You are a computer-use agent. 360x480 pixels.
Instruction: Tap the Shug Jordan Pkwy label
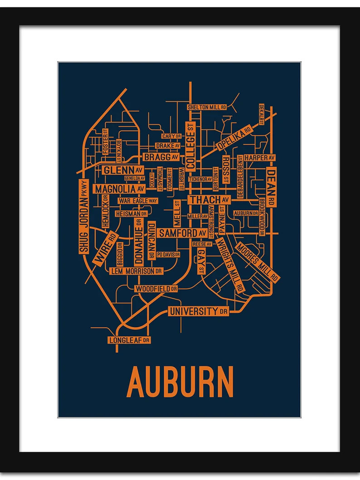click(x=83, y=217)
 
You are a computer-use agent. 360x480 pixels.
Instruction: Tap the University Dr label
click(x=198, y=311)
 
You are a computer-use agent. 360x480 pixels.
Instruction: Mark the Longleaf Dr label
click(x=129, y=339)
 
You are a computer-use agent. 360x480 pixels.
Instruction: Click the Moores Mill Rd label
click(x=258, y=262)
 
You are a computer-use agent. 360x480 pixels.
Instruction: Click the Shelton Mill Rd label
click(x=206, y=107)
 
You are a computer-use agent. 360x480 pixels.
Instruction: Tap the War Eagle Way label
click(x=137, y=200)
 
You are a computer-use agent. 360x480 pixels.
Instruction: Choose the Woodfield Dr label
click(x=156, y=288)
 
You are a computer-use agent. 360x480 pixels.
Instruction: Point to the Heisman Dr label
click(x=131, y=213)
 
